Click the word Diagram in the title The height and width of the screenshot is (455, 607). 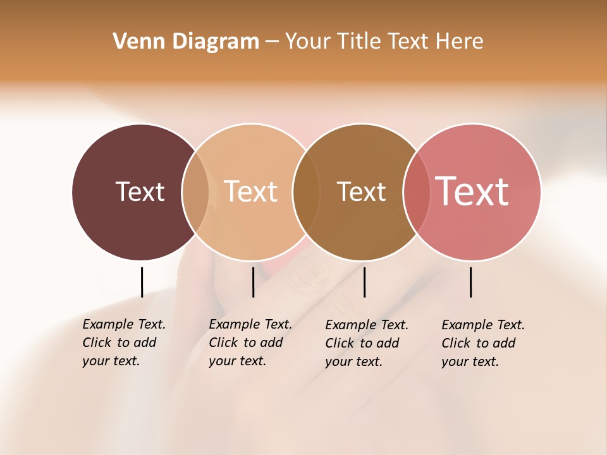click(x=216, y=42)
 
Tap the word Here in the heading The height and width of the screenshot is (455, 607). click(x=460, y=42)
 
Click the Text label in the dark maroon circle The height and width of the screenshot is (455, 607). click(x=140, y=191)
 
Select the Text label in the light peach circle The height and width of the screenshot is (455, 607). click(x=250, y=191)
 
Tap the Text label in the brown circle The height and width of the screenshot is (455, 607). click(x=361, y=191)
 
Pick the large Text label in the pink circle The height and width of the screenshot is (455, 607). click(x=472, y=191)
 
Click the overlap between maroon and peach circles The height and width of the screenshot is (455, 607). click(x=195, y=191)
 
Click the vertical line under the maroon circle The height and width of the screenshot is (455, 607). click(x=142, y=282)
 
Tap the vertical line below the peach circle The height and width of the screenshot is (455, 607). click(x=253, y=282)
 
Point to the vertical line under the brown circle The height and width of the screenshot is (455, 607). click(x=364, y=282)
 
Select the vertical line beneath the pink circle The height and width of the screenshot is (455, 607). click(x=470, y=282)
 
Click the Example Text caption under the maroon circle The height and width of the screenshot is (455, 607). click(x=123, y=343)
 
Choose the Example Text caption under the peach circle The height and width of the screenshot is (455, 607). click(x=250, y=343)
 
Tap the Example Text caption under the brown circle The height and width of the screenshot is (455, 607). click(x=366, y=343)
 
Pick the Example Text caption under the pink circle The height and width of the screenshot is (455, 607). click(x=482, y=343)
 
